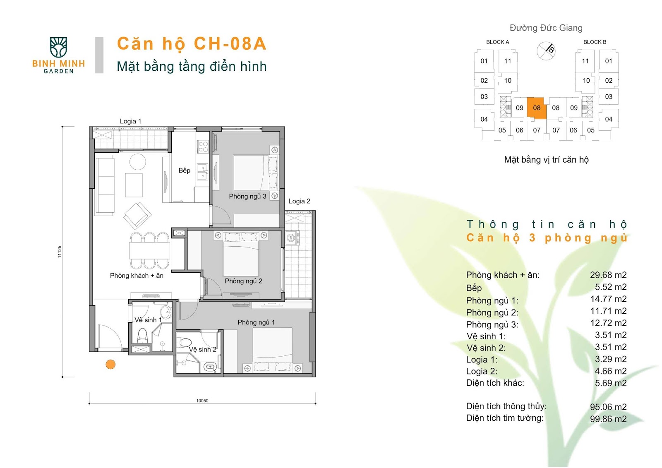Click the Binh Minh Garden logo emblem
[x=58, y=47]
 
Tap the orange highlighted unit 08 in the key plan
[x=537, y=108]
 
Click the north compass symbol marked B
[x=546, y=51]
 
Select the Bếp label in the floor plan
[x=185, y=170]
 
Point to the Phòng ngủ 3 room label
[x=248, y=196]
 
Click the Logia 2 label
[x=300, y=201]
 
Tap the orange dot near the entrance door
[x=110, y=364]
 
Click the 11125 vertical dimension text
[x=60, y=252]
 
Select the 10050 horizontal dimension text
[x=202, y=401]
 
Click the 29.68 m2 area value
[x=608, y=275]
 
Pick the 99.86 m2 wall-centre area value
[x=608, y=419]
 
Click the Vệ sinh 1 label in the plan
[x=148, y=320]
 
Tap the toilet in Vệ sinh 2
[x=184, y=343]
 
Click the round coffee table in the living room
[x=138, y=162]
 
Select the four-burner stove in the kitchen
[x=203, y=146]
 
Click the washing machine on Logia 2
[x=291, y=238]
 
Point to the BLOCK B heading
[x=595, y=42]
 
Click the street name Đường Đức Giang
[x=546, y=28]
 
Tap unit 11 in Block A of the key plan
[x=508, y=61]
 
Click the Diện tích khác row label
[x=495, y=383]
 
